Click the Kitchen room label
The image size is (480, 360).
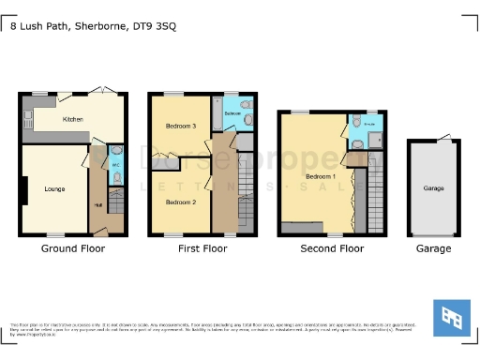[73, 120]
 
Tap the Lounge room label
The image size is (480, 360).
[53, 189]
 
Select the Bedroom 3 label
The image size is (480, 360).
[181, 126]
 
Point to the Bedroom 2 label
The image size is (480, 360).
[181, 202]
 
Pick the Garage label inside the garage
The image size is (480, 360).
[433, 188]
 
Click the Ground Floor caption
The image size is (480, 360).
[73, 248]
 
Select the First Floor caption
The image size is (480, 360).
[202, 248]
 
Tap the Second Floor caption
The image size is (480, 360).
[332, 248]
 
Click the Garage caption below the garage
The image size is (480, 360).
[433, 248]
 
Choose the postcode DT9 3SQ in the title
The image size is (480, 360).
[155, 26]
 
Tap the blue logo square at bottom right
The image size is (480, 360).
[451, 318]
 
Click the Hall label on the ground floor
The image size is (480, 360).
[98, 205]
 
